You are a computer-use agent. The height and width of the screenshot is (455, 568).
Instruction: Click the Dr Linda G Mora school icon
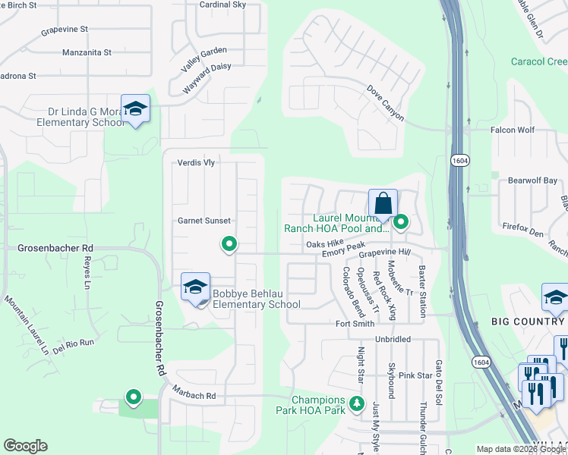pos(135,110)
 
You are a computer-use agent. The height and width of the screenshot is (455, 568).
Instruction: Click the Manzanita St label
pos(87,53)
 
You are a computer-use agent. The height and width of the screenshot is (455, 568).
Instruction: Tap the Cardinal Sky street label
pos(222,5)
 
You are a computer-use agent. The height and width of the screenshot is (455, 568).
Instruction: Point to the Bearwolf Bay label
pos(532,181)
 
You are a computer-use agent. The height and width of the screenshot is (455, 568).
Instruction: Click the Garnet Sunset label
pos(204,221)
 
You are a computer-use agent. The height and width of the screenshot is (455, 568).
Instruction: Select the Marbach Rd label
pos(194,396)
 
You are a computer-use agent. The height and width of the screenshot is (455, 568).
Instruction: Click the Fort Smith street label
pos(355,324)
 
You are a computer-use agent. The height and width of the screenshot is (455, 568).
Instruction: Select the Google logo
pos(25,446)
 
